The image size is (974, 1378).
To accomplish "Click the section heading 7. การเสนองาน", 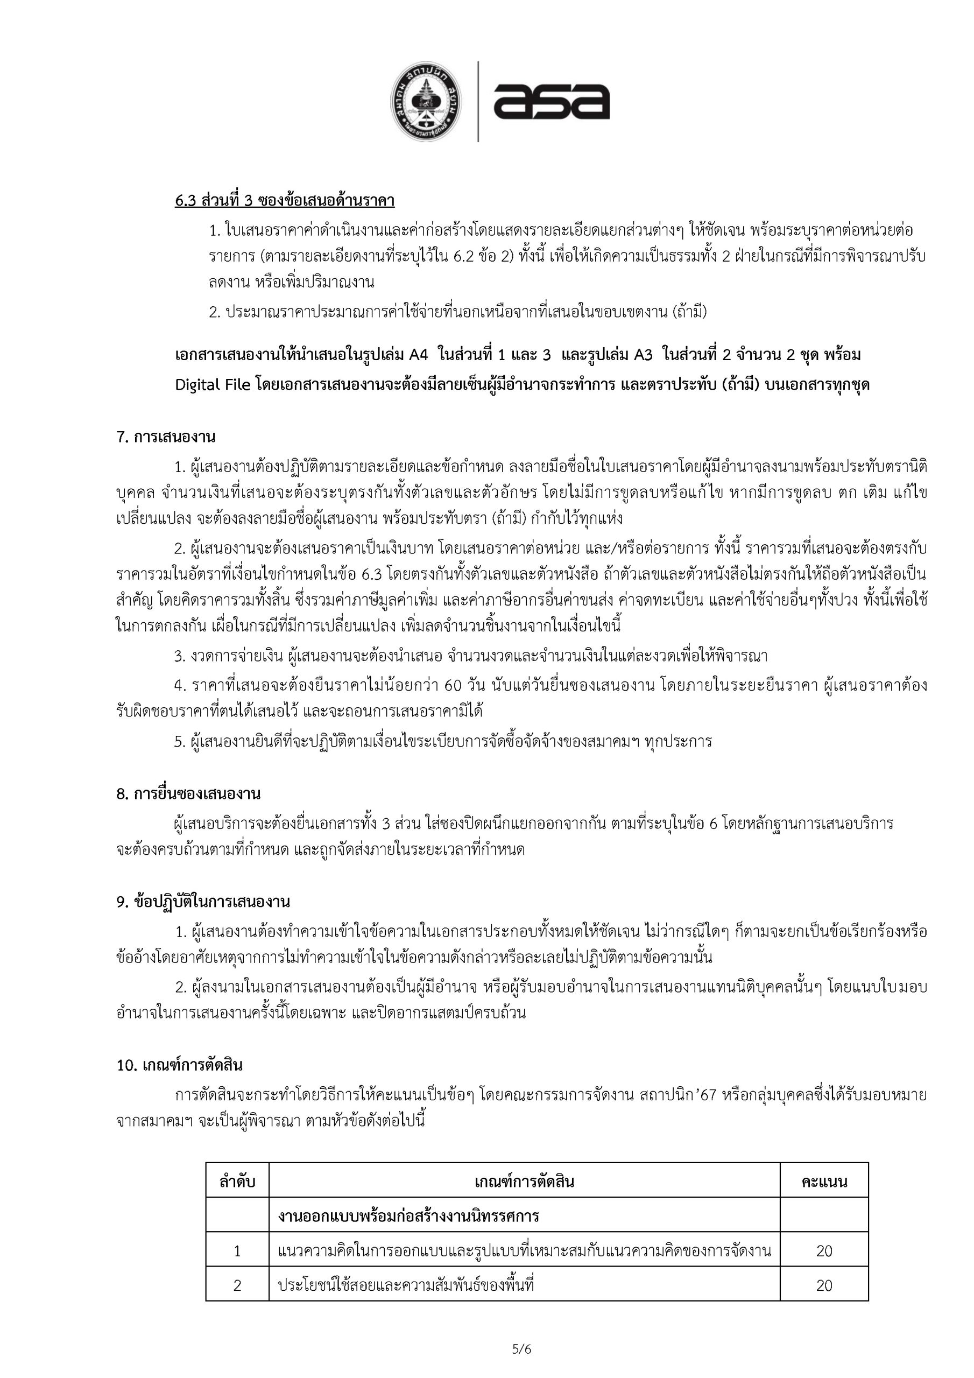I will tap(166, 437).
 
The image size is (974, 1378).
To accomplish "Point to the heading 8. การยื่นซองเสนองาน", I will tap(188, 794).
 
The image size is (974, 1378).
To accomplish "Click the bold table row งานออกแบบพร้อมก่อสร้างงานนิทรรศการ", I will tap(408, 1217).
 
